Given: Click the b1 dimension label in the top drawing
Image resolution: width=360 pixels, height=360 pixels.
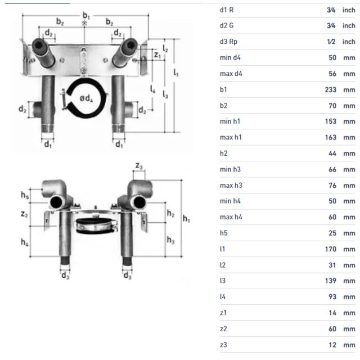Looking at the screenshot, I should (x=85, y=15).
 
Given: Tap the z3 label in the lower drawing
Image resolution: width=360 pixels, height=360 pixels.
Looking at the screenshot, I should (x=139, y=165).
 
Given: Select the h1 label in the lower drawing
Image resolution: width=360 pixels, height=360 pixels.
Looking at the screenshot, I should (x=186, y=219).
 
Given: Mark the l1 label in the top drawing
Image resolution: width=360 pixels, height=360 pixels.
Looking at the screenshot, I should (x=176, y=73).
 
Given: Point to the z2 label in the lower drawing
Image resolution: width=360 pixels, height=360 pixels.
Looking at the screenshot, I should (x=24, y=214).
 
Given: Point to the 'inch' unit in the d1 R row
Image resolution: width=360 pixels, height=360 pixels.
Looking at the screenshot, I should (x=349, y=10).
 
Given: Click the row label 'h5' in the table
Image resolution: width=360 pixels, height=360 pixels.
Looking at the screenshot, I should (x=223, y=233).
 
